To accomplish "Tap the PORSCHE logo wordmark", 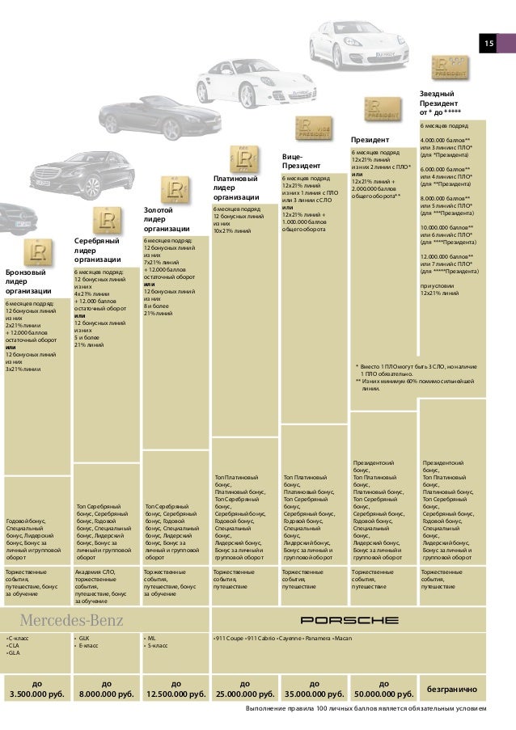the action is (x=349, y=621).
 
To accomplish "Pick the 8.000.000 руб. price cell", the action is (x=106, y=688).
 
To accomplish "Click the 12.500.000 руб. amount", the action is (x=175, y=688).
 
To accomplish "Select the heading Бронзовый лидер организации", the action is (x=27, y=282).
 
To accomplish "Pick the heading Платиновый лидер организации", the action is (x=236, y=188).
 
